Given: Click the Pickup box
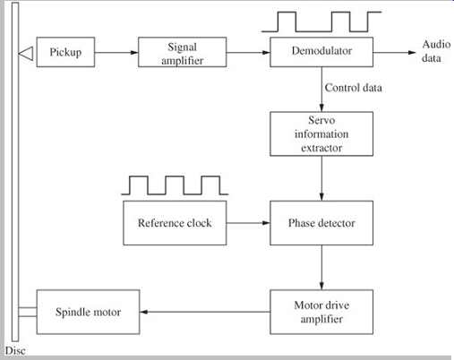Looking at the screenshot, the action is pyautogui.click(x=65, y=52).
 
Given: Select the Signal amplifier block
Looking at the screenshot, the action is pyautogui.click(x=182, y=52).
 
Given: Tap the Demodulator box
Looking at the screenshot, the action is pyautogui.click(x=321, y=52).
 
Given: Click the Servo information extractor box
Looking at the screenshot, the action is pyautogui.click(x=321, y=133).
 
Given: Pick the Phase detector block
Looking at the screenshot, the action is pyautogui.click(x=321, y=223).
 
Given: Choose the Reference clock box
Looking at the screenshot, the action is pyautogui.click(x=175, y=223).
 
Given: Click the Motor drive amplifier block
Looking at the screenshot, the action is pyautogui.click(x=321, y=312).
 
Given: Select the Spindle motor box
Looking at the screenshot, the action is pyautogui.click(x=88, y=312).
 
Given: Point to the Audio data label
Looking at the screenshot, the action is pyautogui.click(x=436, y=51).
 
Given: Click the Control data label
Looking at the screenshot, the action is pyautogui.click(x=354, y=88).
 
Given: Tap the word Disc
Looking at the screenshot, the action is pyautogui.click(x=15, y=350).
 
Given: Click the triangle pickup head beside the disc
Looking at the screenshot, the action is pyautogui.click(x=26, y=54).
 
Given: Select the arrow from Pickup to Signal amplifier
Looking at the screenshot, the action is pyautogui.click(x=116, y=53).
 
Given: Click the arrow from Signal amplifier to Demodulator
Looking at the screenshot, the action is pyautogui.click(x=248, y=53).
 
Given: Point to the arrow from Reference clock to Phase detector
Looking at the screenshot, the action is pyautogui.click(x=248, y=223).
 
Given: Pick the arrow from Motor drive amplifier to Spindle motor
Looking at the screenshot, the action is pyautogui.click(x=205, y=312).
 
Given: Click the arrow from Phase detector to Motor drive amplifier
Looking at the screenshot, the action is pyautogui.click(x=321, y=268).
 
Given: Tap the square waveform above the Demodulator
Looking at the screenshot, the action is pyautogui.click(x=321, y=21).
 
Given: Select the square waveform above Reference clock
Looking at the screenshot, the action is pyautogui.click(x=175, y=185).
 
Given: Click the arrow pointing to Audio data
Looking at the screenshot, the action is pyautogui.click(x=394, y=53).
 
